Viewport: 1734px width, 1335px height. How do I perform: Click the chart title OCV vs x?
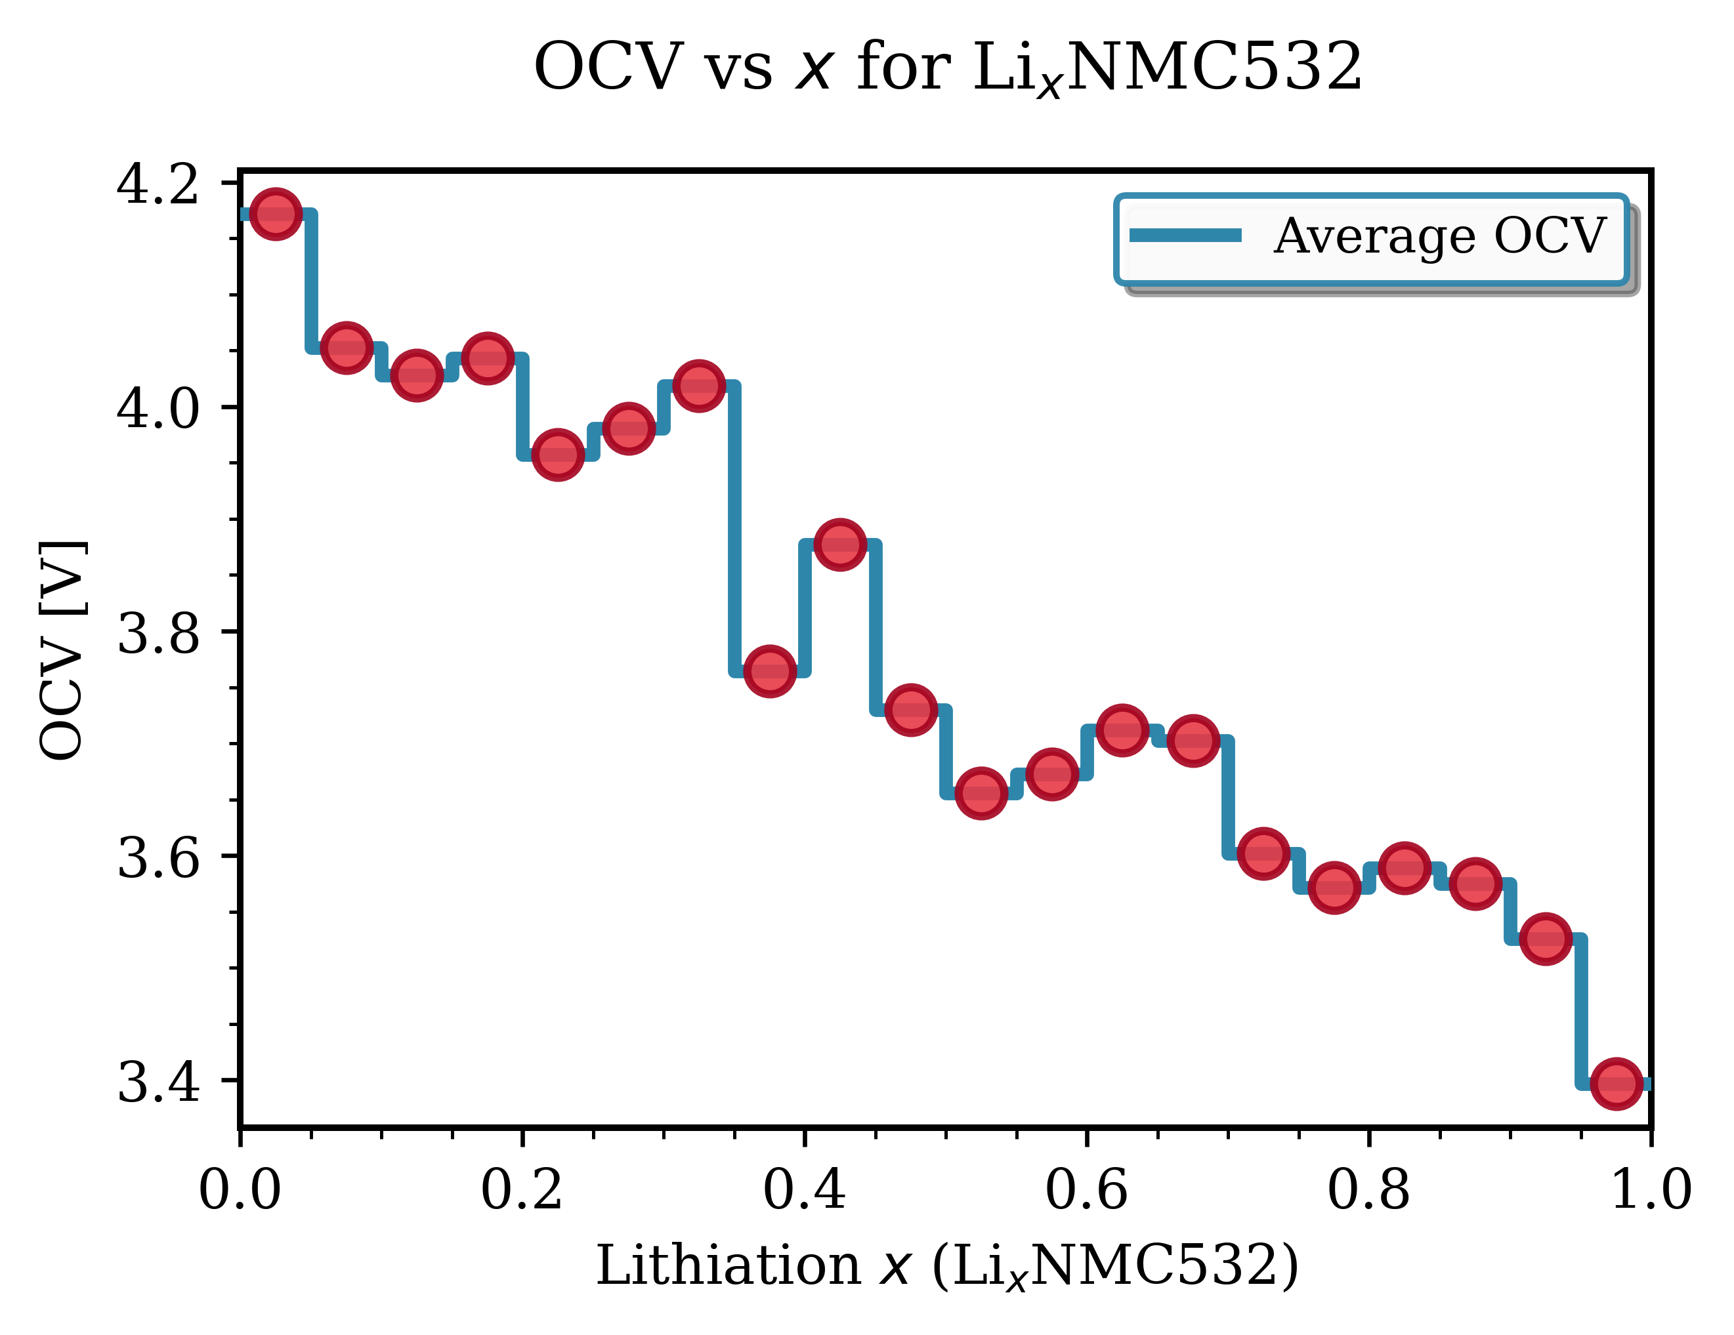[948, 67]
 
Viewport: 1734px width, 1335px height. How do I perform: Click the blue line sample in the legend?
[1185, 235]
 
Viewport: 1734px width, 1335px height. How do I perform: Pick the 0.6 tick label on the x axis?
[1086, 1191]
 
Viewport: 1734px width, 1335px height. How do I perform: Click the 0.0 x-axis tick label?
[240, 1191]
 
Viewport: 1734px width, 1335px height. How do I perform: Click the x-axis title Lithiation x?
[946, 1265]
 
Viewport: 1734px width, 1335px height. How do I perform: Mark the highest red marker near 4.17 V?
[276, 213]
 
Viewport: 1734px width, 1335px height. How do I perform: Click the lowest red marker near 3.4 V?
[1616, 1082]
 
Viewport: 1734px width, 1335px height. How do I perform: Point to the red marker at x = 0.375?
[769, 670]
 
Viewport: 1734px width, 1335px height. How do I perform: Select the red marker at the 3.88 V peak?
[839, 544]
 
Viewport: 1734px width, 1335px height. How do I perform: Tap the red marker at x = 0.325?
[699, 386]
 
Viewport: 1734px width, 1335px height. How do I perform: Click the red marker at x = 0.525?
[981, 792]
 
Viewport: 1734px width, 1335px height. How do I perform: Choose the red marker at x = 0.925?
[1545, 938]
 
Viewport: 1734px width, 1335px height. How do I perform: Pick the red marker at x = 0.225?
[557, 455]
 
